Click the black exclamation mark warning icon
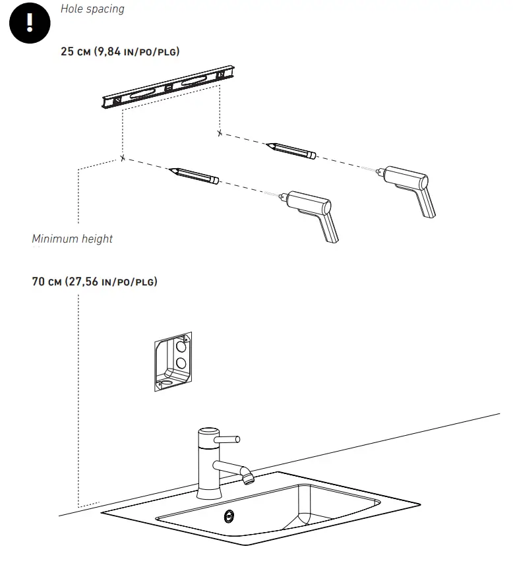point(30,23)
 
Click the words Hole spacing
point(92,9)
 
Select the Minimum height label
point(72,239)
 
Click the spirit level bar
point(168,87)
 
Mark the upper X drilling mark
point(220,133)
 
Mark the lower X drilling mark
point(123,158)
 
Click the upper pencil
point(291,150)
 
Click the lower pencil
point(194,175)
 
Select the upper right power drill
point(406,190)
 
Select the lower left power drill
point(309,216)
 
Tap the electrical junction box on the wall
point(173,361)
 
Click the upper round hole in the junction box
point(181,347)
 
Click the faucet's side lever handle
point(227,439)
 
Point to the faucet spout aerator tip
point(248,479)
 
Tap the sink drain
point(229,516)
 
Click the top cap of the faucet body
point(209,431)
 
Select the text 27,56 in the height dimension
point(84,282)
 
